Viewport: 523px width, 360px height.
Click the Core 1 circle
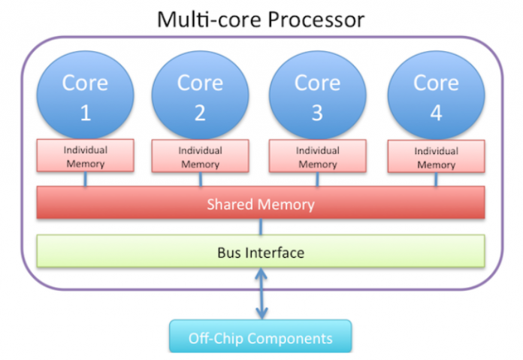pyautogui.click(x=85, y=95)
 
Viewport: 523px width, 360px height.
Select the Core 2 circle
pyautogui.click(x=200, y=95)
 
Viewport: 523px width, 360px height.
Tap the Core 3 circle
pyautogui.click(x=317, y=95)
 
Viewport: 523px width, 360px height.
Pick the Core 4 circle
pyautogui.click(x=436, y=95)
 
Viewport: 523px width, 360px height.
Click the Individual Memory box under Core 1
pyautogui.click(x=85, y=156)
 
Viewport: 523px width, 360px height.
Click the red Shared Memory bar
pyautogui.click(x=261, y=204)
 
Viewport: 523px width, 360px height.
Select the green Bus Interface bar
pyautogui.click(x=261, y=253)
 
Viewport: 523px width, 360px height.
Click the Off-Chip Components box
pyautogui.click(x=260, y=337)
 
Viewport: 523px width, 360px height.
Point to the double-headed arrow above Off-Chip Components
pyautogui.click(x=261, y=295)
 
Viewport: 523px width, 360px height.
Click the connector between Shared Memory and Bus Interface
pyautogui.click(x=261, y=226)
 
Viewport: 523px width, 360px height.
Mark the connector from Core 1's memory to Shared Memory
pyautogui.click(x=85, y=180)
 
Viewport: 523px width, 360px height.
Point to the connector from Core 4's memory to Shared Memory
pyautogui.click(x=436, y=181)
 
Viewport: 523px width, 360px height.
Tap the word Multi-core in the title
pyautogui.click(x=202, y=18)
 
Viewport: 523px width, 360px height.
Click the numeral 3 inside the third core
pyautogui.click(x=317, y=113)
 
